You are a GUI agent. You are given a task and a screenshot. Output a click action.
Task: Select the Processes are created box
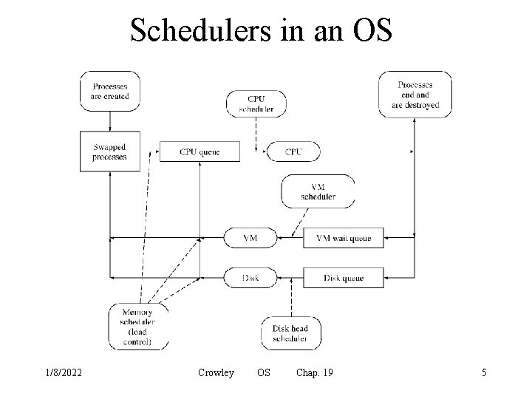pyautogui.click(x=109, y=92)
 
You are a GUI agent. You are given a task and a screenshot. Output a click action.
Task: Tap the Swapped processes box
pyautogui.click(x=109, y=151)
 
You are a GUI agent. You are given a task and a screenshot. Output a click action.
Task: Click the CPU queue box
pyautogui.click(x=199, y=151)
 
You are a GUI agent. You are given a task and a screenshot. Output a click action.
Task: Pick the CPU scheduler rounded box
pyautogui.click(x=256, y=104)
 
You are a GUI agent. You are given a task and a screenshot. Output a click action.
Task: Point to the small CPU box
pyautogui.click(x=293, y=151)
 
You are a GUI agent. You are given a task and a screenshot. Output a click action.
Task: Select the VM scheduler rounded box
pyautogui.click(x=318, y=191)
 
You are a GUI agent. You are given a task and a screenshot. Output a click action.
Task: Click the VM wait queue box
pyautogui.click(x=344, y=238)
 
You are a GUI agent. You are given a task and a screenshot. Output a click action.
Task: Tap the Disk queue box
pyautogui.click(x=344, y=278)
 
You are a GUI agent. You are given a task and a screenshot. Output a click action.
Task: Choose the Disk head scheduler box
pyautogui.click(x=290, y=333)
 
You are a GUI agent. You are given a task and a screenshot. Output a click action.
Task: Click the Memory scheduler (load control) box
pyautogui.click(x=138, y=327)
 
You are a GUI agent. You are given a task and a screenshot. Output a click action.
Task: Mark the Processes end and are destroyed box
pyautogui.click(x=415, y=95)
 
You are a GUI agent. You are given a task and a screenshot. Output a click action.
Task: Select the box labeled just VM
pyautogui.click(x=250, y=238)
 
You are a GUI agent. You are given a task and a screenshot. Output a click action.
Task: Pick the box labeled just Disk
pyautogui.click(x=250, y=278)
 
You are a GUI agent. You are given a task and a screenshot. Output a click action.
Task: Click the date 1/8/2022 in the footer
pyautogui.click(x=63, y=373)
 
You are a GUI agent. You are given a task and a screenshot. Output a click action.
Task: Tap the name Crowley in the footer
pyautogui.click(x=216, y=373)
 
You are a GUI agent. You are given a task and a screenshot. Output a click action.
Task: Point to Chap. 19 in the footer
pyautogui.click(x=313, y=373)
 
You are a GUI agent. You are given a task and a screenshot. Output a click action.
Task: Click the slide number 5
pyautogui.click(x=484, y=373)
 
